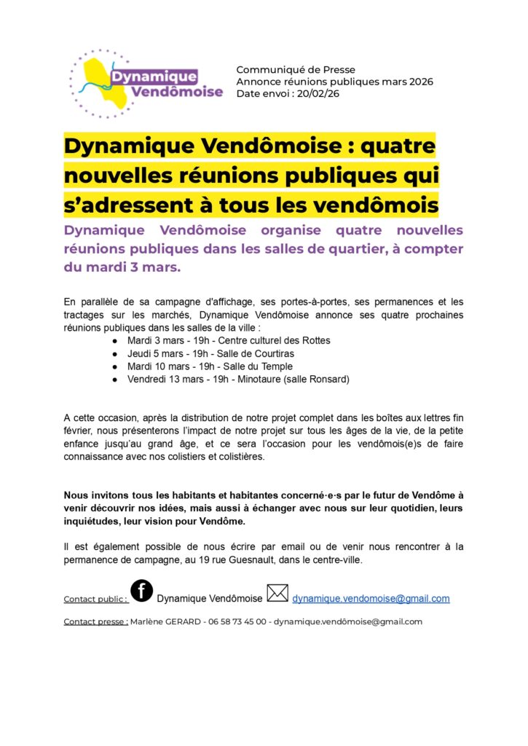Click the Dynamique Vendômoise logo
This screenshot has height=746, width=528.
pyautogui.click(x=146, y=84)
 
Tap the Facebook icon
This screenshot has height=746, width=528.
pyautogui.click(x=141, y=590)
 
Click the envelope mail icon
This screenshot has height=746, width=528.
pyautogui.click(x=277, y=593)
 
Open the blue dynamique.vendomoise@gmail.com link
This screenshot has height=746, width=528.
pyautogui.click(x=371, y=599)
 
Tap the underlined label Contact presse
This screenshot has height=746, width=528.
pyautogui.click(x=95, y=622)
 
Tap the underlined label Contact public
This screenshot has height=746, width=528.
pyautogui.click(x=95, y=600)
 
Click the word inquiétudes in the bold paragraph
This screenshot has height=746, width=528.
pyautogui.click(x=96, y=522)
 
